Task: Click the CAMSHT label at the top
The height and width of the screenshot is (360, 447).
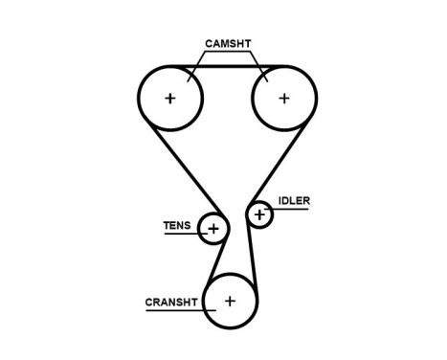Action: click(x=229, y=44)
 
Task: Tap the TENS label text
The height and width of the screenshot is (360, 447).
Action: click(x=177, y=226)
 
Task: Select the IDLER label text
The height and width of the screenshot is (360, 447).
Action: click(x=294, y=201)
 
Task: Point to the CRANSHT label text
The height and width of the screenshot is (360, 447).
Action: click(x=170, y=302)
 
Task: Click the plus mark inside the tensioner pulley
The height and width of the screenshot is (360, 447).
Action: click(x=213, y=228)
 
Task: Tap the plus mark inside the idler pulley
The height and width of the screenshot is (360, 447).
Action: click(x=259, y=214)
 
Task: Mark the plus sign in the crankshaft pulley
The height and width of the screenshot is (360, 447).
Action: click(x=230, y=302)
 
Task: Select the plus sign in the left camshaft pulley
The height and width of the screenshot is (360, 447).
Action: click(x=170, y=98)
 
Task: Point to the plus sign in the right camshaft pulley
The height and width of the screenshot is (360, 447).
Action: click(x=283, y=98)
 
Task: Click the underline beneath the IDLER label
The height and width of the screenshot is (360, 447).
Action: click(x=293, y=209)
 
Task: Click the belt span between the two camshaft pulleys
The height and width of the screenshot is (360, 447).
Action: click(x=227, y=66)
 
